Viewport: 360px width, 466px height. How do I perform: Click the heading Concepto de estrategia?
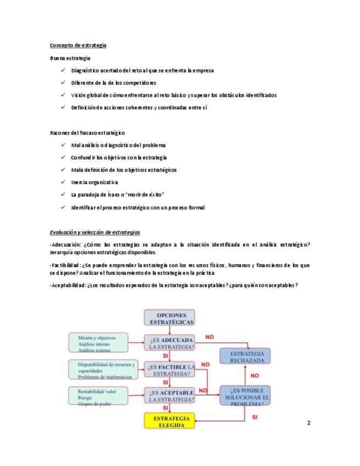(x=78, y=45)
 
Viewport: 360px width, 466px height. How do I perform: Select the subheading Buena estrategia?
(x=70, y=58)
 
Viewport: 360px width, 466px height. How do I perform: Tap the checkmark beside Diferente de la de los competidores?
(x=64, y=83)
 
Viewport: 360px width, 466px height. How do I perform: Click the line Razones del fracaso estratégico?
(x=87, y=133)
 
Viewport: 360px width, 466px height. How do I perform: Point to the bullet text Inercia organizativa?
(x=95, y=182)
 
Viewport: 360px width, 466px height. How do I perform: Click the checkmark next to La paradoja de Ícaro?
(x=64, y=195)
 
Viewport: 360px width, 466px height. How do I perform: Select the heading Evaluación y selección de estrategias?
(x=95, y=232)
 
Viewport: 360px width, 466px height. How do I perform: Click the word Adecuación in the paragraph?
(x=65, y=245)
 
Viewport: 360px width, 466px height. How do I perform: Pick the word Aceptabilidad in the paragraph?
(x=68, y=285)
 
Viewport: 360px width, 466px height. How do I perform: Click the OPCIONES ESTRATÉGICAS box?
(x=169, y=317)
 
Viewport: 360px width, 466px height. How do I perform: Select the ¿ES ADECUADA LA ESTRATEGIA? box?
(x=170, y=342)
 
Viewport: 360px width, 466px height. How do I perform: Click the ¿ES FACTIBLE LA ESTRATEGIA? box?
(x=170, y=370)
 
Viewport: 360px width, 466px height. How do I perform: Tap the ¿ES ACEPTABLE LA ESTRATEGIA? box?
(x=170, y=396)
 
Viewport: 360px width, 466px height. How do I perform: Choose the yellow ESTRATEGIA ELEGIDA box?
(x=170, y=421)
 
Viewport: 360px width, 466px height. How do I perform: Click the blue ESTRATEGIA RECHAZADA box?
(x=247, y=357)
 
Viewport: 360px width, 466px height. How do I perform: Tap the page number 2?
(x=308, y=423)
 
